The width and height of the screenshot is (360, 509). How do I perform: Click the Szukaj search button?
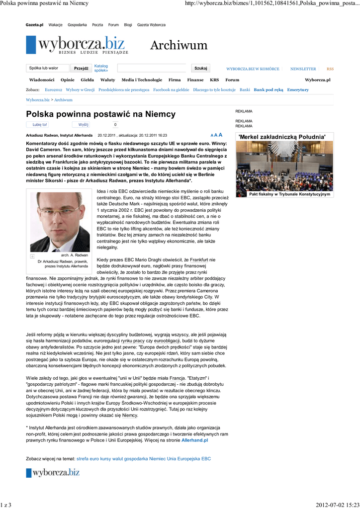tap(201, 68)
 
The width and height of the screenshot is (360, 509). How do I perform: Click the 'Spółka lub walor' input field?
tap(47, 68)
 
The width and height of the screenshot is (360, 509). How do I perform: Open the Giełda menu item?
tap(87, 80)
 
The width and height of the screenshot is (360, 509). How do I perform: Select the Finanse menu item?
tap(195, 80)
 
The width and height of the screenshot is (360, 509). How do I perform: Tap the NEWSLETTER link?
tap(303, 69)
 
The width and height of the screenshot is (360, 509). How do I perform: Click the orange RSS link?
tap(330, 69)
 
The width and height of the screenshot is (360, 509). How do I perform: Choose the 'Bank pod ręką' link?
tap(269, 90)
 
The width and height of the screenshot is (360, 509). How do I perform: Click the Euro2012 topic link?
tap(53, 90)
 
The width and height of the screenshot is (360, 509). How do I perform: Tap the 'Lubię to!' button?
tap(39, 125)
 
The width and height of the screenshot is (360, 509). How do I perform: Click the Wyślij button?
tap(83, 125)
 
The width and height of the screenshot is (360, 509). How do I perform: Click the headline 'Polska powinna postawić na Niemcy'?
tap(101, 114)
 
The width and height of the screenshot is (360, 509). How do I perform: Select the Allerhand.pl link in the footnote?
tap(194, 440)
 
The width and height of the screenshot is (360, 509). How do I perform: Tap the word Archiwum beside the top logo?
tap(179, 46)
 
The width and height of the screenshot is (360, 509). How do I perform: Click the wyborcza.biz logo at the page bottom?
tap(53, 473)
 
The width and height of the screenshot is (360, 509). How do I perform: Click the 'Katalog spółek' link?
tap(101, 68)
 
